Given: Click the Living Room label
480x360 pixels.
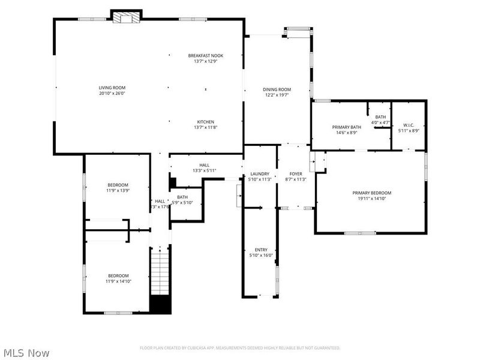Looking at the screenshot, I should point(112,88).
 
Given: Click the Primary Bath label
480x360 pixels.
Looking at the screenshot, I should point(347,127).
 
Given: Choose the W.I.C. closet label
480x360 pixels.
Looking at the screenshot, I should point(409,125).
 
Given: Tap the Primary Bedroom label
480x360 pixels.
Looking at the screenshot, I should point(371,193).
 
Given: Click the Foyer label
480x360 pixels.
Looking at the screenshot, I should point(296,174).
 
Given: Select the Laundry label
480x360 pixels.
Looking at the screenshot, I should point(260,174).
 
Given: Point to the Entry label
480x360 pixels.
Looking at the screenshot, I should point(260,250).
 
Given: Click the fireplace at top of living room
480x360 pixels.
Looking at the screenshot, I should point(127,18).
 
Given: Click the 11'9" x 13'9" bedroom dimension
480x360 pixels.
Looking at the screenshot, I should point(118,190).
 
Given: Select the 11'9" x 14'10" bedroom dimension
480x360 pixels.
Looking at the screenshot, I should point(118,281).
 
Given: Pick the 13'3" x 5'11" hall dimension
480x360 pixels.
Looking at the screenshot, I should point(204,170).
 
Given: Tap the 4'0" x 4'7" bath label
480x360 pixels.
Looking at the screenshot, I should point(380,122).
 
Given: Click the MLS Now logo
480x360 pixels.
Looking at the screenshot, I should point(26,353).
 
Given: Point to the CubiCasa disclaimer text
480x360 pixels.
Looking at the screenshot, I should point(240,347).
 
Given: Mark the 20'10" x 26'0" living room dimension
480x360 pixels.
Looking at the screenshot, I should point(112,94).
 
